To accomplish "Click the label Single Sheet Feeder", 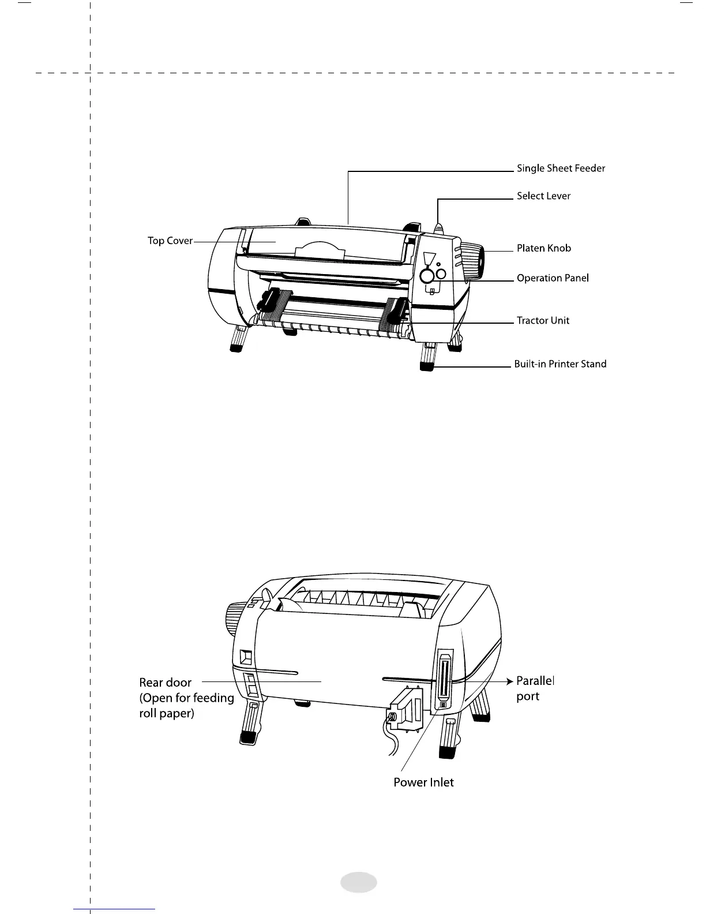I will point(561,168).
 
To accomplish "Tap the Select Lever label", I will point(543,196).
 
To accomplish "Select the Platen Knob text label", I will point(543,248).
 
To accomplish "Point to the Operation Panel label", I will point(553,278).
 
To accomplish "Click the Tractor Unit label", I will point(543,321).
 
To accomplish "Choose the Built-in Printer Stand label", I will point(560,364).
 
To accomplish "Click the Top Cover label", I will point(170,241).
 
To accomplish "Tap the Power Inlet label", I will point(423,782).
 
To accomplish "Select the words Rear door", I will point(166,683).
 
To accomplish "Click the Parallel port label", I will point(535,688).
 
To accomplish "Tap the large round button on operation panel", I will point(427,276).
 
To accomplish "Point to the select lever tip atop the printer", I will point(439,227).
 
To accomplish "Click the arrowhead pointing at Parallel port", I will point(509,681).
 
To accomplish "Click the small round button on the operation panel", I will point(441,274).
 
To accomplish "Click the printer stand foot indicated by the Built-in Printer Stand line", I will point(427,365).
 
